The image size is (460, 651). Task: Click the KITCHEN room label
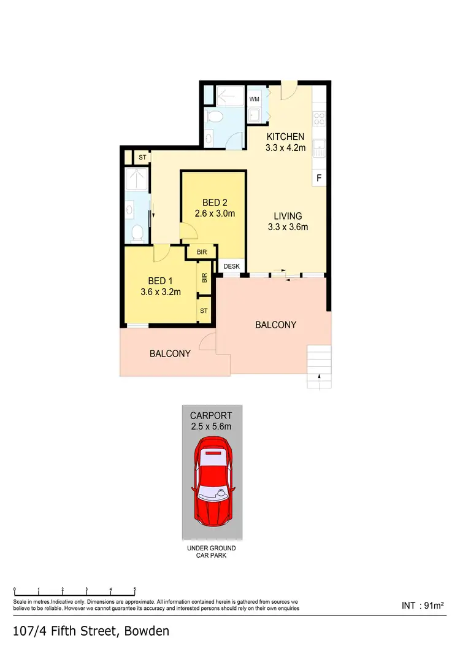pyautogui.click(x=285, y=136)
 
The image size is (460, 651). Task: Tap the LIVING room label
pyautogui.click(x=288, y=216)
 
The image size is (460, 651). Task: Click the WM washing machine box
pyautogui.click(x=254, y=98)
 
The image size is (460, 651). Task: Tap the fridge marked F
pyautogui.click(x=318, y=178)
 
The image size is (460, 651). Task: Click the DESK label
pyautogui.click(x=231, y=266)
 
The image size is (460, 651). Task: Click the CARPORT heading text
pyautogui.click(x=211, y=416)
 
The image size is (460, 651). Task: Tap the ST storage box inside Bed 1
pyautogui.click(x=204, y=311)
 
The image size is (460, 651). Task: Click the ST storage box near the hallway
pyautogui.click(x=142, y=158)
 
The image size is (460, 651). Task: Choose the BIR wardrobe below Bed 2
pyautogui.click(x=202, y=252)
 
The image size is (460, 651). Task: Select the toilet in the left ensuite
pyautogui.click(x=137, y=232)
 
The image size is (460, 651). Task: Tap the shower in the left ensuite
pyautogui.click(x=134, y=179)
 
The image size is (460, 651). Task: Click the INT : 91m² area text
pyautogui.click(x=422, y=606)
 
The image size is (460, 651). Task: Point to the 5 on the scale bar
pyautogui.click(x=134, y=590)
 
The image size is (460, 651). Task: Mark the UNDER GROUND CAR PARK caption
pyautogui.click(x=211, y=552)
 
